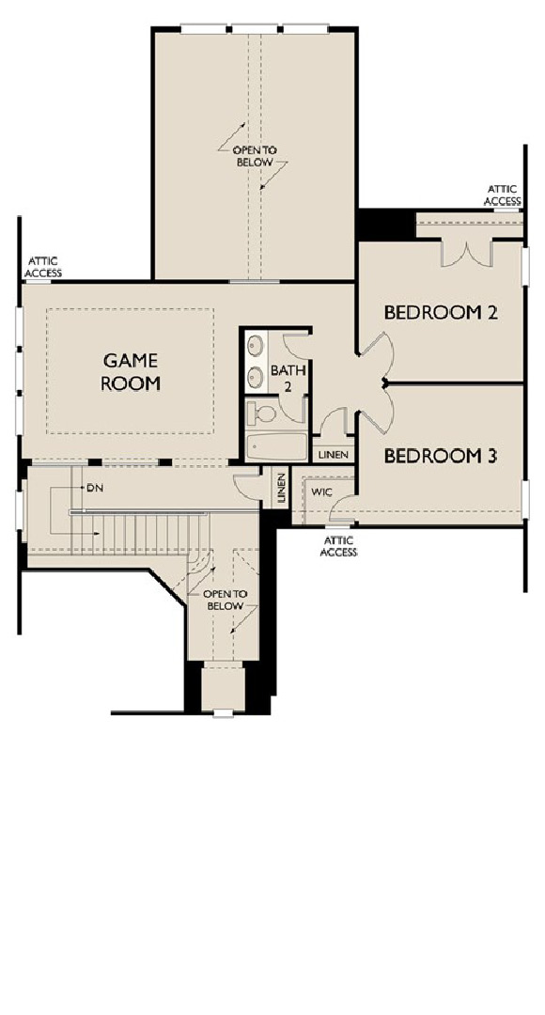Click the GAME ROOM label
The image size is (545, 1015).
pos(132,371)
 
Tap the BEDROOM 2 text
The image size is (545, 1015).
pos(440,313)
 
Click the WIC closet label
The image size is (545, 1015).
pos(321,492)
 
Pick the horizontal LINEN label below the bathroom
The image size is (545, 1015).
pos(334,455)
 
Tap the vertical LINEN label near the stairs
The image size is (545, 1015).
pos(281,489)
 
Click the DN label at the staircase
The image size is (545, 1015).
pos(94,489)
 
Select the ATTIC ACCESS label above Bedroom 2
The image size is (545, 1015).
pos(502,195)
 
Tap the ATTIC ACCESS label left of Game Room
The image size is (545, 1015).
pos(43,267)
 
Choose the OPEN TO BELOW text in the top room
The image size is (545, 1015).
pos(254,156)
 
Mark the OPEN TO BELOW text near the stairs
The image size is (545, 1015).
pos(222,601)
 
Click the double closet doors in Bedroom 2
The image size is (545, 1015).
pos(465,251)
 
